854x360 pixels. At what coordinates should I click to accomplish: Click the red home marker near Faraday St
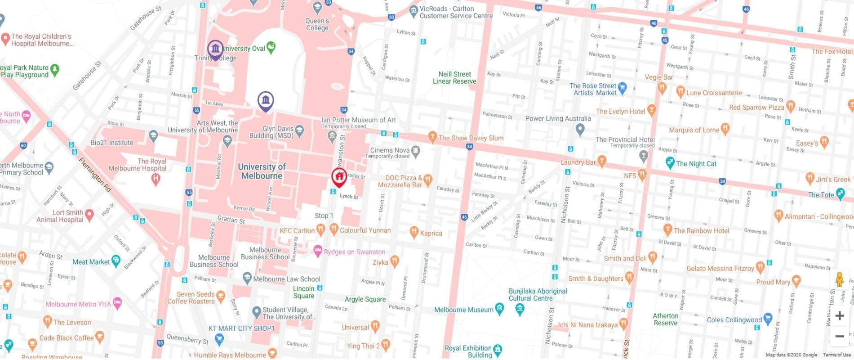pyautogui.click(x=339, y=177)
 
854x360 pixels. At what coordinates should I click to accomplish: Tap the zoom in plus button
pyautogui.click(x=839, y=316)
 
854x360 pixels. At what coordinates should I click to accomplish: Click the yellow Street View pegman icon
pyautogui.click(x=839, y=279)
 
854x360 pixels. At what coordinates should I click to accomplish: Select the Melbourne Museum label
pyautogui.click(x=463, y=310)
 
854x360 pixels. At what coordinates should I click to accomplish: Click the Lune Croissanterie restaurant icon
pyautogui.click(x=681, y=93)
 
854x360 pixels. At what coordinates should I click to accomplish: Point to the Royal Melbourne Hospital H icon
pyautogui.click(x=156, y=179)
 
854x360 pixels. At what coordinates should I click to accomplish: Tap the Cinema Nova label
pyautogui.click(x=389, y=150)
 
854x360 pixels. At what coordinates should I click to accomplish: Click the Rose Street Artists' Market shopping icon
pyautogui.click(x=622, y=87)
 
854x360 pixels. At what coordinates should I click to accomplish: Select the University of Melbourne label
pyautogui.click(x=262, y=171)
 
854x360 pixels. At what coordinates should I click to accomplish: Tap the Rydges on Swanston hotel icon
pyautogui.click(x=318, y=250)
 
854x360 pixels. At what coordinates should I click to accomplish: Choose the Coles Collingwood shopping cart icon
pyautogui.click(x=767, y=319)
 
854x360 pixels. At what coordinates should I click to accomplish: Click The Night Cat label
pyautogui.click(x=696, y=164)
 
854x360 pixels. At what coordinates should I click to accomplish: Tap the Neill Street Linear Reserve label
pyautogui.click(x=454, y=78)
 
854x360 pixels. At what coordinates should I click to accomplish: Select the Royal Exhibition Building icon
pyautogui.click(x=497, y=349)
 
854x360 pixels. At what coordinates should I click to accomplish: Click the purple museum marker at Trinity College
pyautogui.click(x=215, y=49)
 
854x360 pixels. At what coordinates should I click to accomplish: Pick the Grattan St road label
pyautogui.click(x=231, y=220)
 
